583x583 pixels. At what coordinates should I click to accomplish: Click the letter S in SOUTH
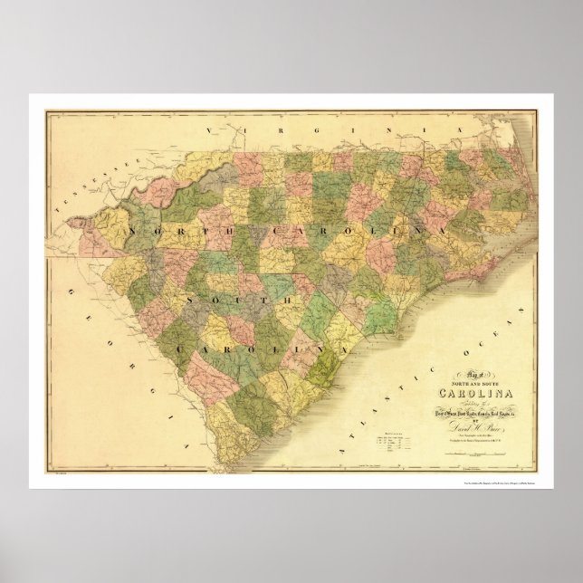coord(189,297)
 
